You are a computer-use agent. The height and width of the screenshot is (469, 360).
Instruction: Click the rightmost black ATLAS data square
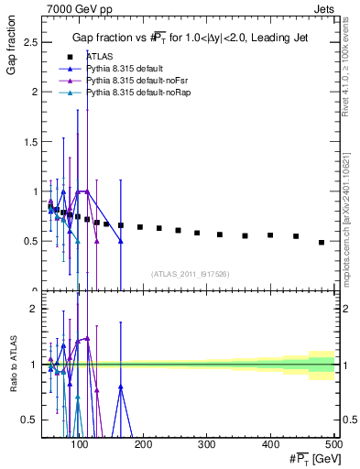pyautogui.click(x=322, y=242)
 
